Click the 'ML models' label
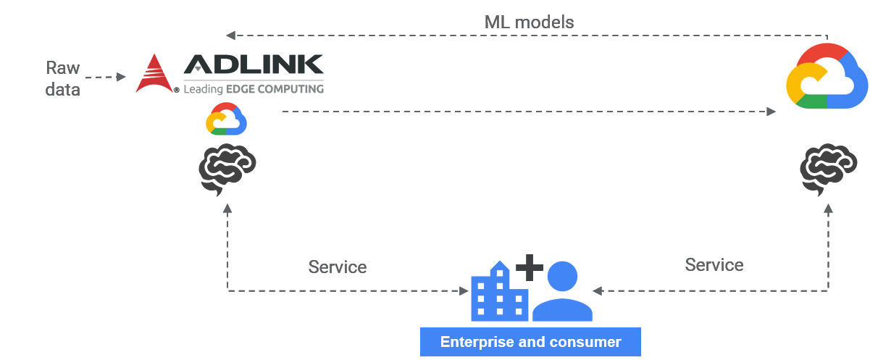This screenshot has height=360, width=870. tap(529, 22)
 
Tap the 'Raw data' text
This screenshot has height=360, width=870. tap(62, 78)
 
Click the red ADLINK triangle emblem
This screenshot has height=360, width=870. tap(154, 74)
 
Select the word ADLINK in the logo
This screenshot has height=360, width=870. tap(253, 66)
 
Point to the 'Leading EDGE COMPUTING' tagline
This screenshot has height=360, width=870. tap(253, 89)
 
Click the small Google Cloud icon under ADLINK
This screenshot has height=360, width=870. tap(227, 119)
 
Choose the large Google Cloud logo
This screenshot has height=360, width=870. tap(827, 77)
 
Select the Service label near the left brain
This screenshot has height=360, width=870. tap(338, 267)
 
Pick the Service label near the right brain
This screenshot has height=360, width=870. tap(714, 264)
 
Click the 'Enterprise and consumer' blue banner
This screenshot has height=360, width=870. tap(530, 342)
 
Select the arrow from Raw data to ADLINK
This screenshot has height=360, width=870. tap(106, 76)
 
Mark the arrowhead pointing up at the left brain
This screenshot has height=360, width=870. tap(228, 209)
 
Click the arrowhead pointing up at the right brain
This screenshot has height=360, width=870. tap(828, 209)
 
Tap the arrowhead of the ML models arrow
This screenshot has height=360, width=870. tap(230, 35)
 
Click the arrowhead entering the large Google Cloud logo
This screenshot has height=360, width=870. tap(771, 112)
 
